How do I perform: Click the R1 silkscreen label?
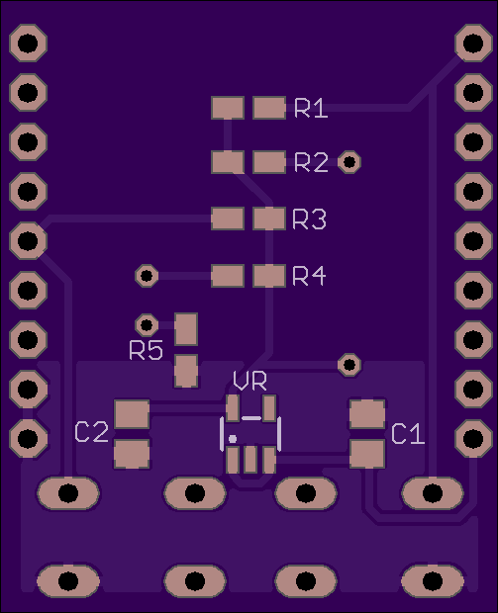tap(311, 108)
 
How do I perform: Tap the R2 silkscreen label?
tap(311, 162)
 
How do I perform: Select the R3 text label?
tap(309, 219)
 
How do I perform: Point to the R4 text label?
tap(309, 276)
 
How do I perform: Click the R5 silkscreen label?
tap(146, 350)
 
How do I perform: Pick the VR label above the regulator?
tap(249, 381)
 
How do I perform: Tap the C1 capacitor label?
tap(408, 434)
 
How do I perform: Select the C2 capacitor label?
tap(92, 432)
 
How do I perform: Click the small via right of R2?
tap(349, 161)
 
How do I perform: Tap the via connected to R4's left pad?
tap(147, 276)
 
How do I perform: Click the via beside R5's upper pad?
tap(147, 324)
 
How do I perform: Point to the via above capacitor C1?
tap(349, 365)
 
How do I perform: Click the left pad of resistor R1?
tap(228, 108)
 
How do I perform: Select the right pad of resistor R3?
tap(269, 219)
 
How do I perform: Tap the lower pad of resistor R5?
tap(185, 371)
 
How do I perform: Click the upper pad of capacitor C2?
tap(132, 413)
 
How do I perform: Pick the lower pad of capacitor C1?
tap(367, 454)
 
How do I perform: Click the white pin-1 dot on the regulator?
tap(233, 439)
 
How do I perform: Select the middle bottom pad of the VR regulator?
tap(250, 460)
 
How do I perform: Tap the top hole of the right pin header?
tap(473, 43)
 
